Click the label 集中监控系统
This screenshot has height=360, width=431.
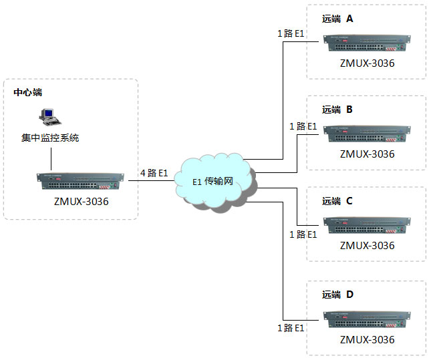click(x=50, y=138)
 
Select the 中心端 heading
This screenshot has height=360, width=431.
click(x=29, y=92)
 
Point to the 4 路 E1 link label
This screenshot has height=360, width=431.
click(x=154, y=173)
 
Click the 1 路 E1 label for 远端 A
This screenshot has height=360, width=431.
click(x=291, y=33)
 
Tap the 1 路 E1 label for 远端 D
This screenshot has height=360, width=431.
click(x=291, y=328)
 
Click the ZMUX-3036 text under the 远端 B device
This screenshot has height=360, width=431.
click(x=367, y=154)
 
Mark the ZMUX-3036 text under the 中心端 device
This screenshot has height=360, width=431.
click(x=81, y=199)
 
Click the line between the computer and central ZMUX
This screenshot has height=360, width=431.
click(x=51, y=158)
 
